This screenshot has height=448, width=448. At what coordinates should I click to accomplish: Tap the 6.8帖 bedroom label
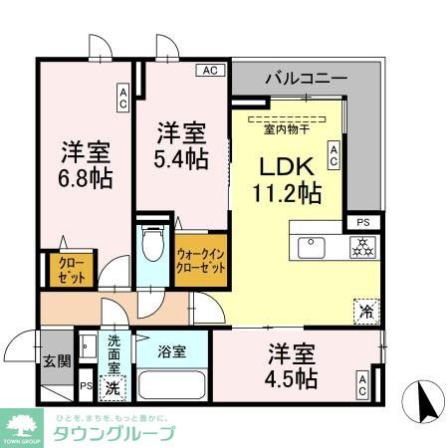pos(86,165)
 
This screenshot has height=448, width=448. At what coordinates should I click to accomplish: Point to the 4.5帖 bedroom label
pos(292,366)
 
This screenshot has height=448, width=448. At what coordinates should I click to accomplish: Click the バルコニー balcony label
pos(305,77)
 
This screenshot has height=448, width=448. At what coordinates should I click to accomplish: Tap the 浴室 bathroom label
pos(171,350)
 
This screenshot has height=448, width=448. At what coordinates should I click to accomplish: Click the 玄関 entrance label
pos(58,362)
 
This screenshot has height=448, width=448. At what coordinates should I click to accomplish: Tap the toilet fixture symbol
pos(152,243)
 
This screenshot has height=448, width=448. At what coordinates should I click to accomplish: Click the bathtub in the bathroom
pos(172,386)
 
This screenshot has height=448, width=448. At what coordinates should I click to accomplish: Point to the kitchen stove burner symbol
pos(358,248)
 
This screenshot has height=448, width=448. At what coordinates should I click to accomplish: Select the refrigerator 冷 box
pos(365,311)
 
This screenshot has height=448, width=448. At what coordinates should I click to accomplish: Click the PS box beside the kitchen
pos(362,221)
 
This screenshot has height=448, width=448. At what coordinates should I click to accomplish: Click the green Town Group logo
pos(21,426)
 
